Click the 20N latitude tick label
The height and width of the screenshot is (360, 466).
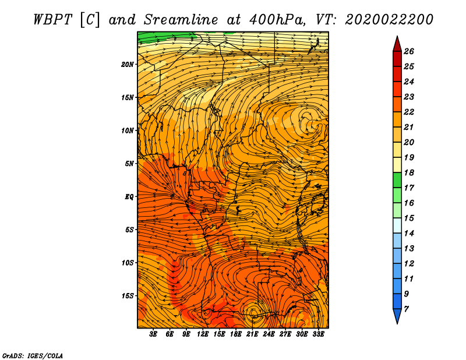point(128,65)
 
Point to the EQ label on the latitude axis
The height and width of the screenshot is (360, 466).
point(129,197)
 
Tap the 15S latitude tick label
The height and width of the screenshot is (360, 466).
point(128,296)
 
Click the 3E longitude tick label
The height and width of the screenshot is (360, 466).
point(153,334)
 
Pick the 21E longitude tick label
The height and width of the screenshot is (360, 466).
point(252,334)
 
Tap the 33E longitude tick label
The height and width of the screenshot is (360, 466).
point(318,334)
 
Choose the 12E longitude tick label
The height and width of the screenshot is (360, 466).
point(203,334)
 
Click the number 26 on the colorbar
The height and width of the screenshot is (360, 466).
point(409,51)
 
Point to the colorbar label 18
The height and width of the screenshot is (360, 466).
point(409,172)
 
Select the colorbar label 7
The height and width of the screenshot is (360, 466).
point(406,309)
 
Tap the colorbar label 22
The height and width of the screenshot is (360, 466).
point(409,112)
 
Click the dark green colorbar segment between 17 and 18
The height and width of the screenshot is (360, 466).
point(397,180)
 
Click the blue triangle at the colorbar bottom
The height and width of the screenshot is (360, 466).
point(397,315)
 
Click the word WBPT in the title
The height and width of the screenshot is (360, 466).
point(53,20)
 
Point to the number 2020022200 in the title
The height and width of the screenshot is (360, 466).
point(389,20)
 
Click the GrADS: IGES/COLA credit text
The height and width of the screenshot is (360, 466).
point(33,356)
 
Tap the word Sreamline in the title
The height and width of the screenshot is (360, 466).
point(181,20)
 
